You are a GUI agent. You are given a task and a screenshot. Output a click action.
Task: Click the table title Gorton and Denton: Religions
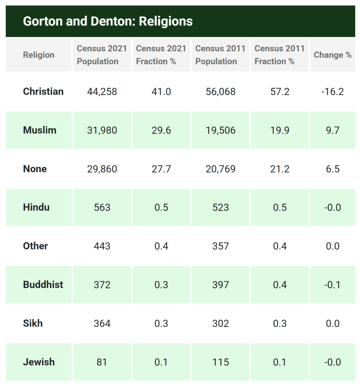pos(108,21)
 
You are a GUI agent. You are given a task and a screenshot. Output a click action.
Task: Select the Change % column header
pos(333,55)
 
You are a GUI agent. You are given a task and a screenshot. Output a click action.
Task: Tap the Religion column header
pos(39,55)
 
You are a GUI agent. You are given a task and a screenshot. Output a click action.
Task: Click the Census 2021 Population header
pos(102,55)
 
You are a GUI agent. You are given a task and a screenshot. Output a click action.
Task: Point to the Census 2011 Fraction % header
pos(280,55)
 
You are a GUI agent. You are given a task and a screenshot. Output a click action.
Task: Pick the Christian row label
pos(43,92)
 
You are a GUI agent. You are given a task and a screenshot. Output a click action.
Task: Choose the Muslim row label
pos(39,130)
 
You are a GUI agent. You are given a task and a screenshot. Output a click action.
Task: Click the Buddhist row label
pos(43,285)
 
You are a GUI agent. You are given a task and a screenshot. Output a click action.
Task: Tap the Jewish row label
pos(39,362)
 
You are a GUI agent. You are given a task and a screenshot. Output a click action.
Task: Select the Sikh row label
pos(33,324)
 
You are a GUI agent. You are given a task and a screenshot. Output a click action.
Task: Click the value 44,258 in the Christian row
pos(102,92)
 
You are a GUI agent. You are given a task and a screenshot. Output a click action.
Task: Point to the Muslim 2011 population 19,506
pos(220,130)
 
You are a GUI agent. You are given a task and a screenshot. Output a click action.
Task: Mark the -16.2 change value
pos(333,92)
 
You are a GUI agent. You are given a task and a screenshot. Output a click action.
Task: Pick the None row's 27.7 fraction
pos(161,169)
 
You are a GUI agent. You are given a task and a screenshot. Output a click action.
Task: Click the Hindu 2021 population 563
pos(102,208)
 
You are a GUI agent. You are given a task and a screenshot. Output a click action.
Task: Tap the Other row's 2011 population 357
pos(220,246)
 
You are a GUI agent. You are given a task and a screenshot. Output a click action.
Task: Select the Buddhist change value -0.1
pos(333,285)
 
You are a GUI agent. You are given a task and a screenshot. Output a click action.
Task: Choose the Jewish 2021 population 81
pos(102,362)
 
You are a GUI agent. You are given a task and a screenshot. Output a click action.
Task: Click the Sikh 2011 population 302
pos(220,324)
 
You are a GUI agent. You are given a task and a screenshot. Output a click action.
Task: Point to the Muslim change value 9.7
pos(333,130)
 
